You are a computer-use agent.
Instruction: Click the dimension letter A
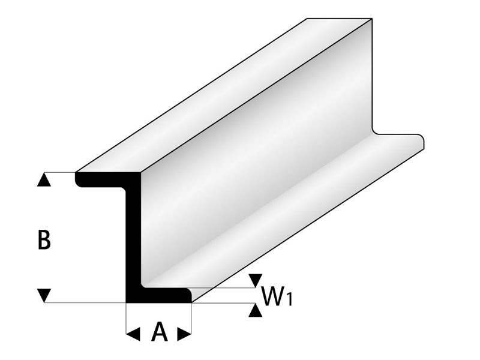pyautogui.click(x=159, y=332)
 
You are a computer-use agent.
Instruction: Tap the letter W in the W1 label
pyautogui.click(x=271, y=296)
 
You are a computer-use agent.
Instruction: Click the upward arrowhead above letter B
pyautogui.click(x=44, y=179)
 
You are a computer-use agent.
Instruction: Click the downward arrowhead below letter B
pyautogui.click(x=44, y=295)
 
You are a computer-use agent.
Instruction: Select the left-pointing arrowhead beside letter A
pyautogui.click(x=133, y=334)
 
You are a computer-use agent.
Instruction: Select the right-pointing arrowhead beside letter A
pyautogui.click(x=184, y=334)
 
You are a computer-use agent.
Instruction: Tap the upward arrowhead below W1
pyautogui.click(x=256, y=310)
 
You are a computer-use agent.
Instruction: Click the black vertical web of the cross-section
pyautogui.click(x=133, y=237)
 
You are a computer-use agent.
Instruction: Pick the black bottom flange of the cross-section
pyautogui.click(x=158, y=295)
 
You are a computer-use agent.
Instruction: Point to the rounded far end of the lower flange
pyautogui.click(x=423, y=142)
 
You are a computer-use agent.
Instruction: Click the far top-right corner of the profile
pyautogui.click(x=372, y=19)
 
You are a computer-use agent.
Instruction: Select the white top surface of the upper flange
pyautogui.click(x=224, y=95)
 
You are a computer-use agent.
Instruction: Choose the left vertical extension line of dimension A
pyautogui.click(x=126, y=318)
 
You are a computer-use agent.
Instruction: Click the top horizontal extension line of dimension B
pyautogui.click(x=60, y=172)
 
